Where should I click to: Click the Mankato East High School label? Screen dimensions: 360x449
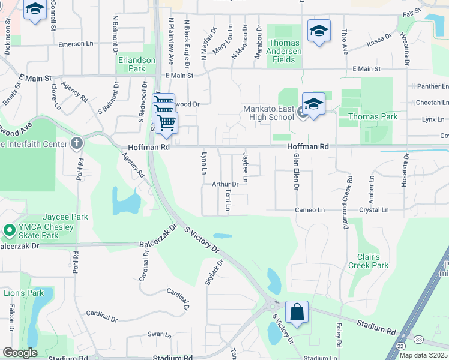(268, 113)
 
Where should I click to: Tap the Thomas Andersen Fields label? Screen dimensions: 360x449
(284, 51)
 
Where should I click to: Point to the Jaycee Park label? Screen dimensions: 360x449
(65, 217)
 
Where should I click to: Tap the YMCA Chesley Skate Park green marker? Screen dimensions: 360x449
(9, 230)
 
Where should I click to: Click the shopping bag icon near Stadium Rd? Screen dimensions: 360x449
(297, 313)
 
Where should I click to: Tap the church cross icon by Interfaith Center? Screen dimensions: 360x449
(76, 143)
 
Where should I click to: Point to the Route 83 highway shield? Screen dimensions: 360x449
(418, 340)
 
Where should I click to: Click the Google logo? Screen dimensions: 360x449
(19, 352)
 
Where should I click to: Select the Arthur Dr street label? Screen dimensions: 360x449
(226, 184)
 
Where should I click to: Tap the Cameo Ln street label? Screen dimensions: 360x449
(310, 210)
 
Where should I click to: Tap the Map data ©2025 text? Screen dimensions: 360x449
(423, 355)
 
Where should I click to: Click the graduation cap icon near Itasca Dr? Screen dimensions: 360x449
(319, 32)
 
